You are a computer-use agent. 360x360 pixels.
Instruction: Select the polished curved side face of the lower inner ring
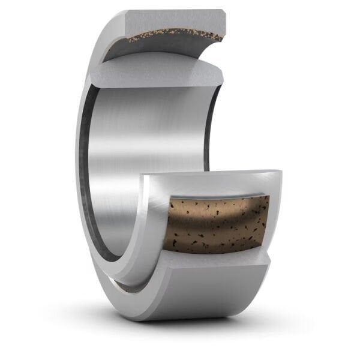(x=150, y=228)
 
